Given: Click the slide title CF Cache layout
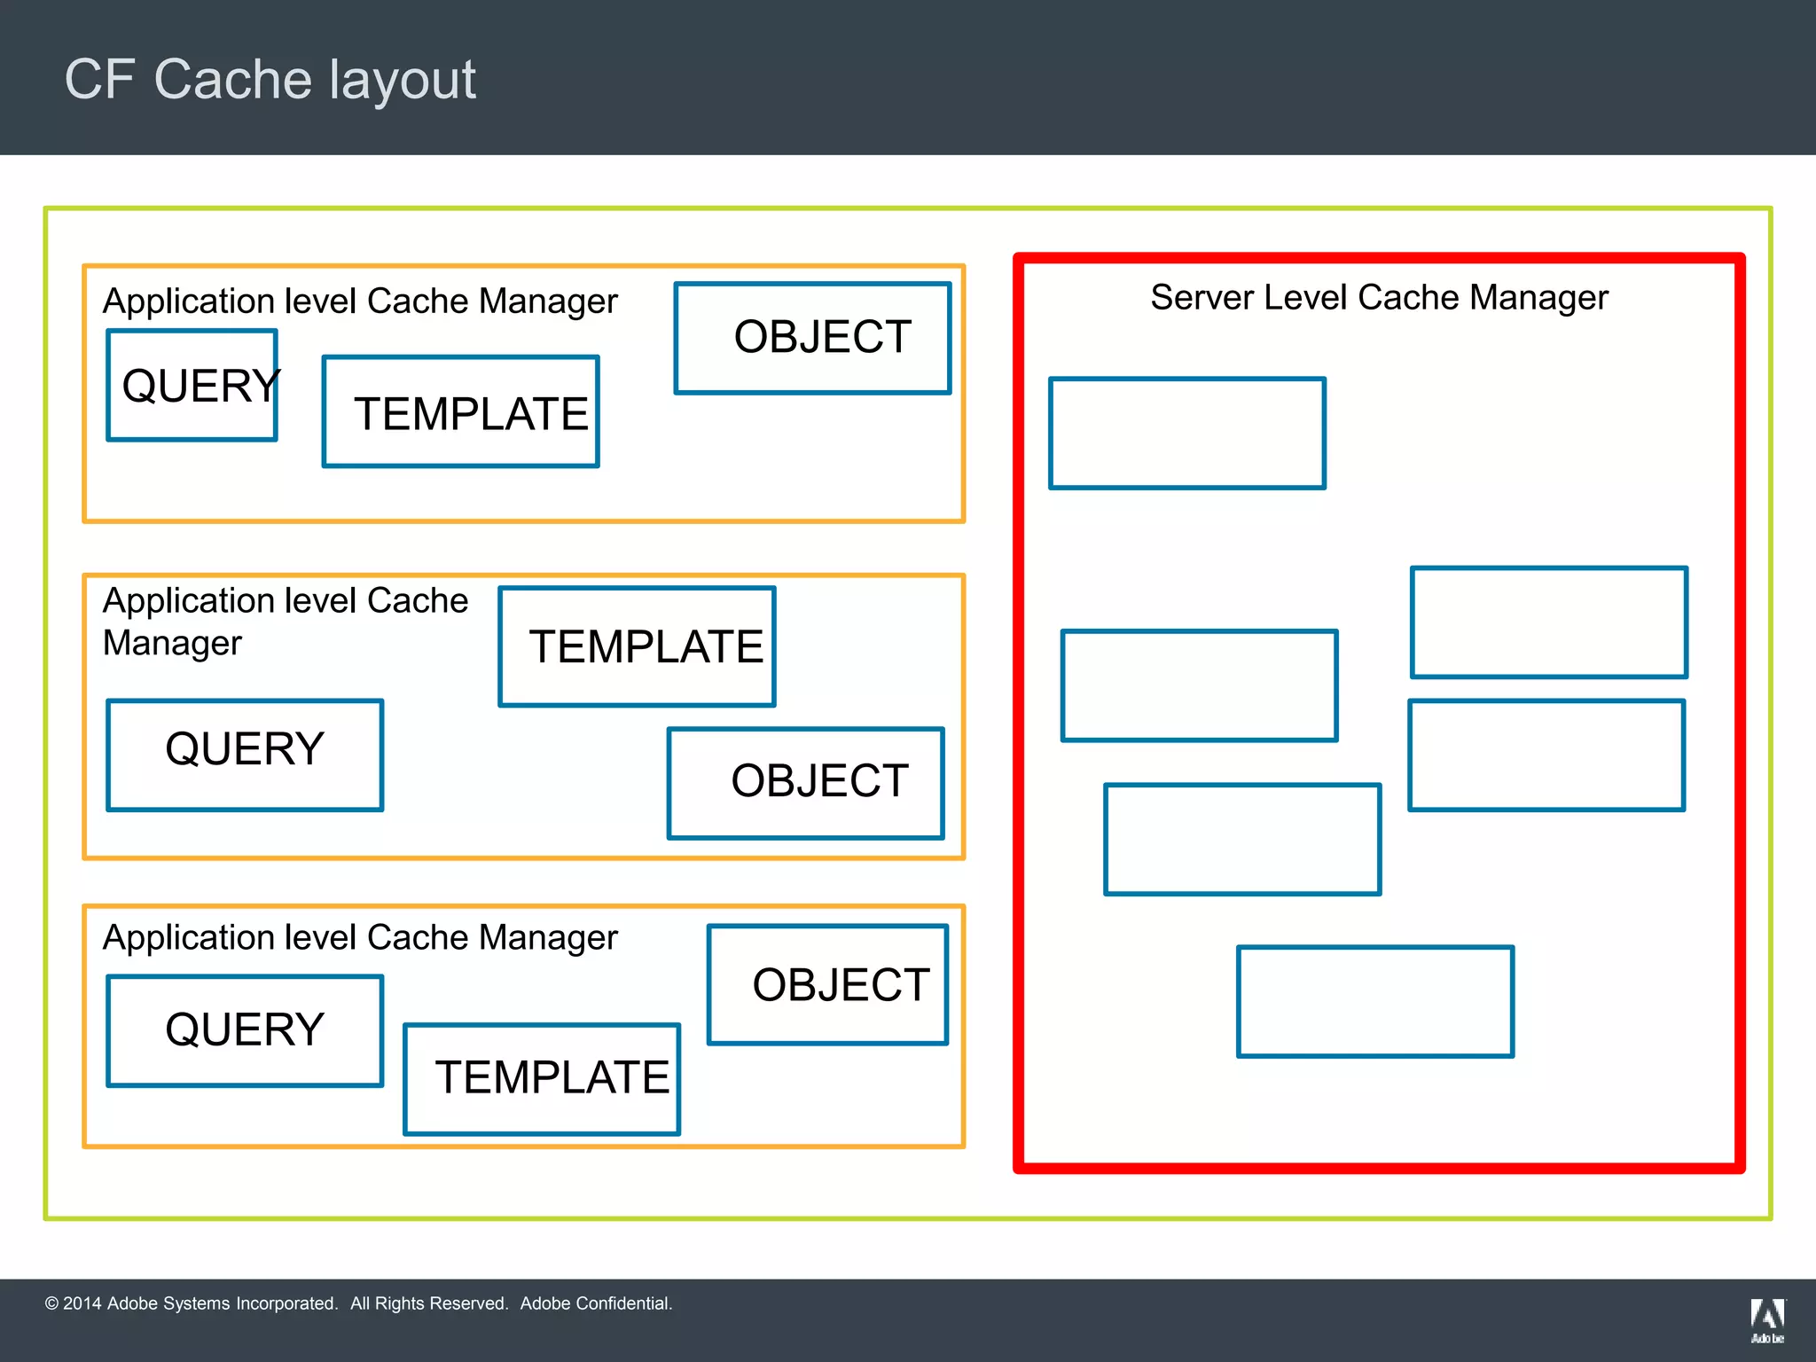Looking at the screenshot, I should (270, 80).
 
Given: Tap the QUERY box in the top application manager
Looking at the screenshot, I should (192, 386).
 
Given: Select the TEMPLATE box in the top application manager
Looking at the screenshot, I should (461, 412).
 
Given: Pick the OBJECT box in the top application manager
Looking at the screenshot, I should (812, 338).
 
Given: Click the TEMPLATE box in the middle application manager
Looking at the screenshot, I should (638, 646).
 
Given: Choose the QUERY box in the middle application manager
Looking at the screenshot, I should (245, 755).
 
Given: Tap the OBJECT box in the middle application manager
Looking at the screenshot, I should (806, 783).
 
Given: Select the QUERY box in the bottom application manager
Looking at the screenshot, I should (245, 1030).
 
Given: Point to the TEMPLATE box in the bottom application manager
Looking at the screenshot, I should (542, 1079).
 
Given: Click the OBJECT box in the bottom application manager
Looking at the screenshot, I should (828, 985).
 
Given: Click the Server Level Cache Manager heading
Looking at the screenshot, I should (1379, 298).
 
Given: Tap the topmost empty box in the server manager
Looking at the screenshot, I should (1187, 434).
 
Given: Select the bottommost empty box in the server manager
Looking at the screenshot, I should (1375, 1001).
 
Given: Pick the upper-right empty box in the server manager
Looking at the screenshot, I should (1549, 622).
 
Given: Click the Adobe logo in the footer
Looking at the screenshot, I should (1767, 1319).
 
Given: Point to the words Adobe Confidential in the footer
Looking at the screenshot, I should (596, 1303).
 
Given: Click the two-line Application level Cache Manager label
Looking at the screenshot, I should (284, 622).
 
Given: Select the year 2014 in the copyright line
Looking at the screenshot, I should (82, 1303).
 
